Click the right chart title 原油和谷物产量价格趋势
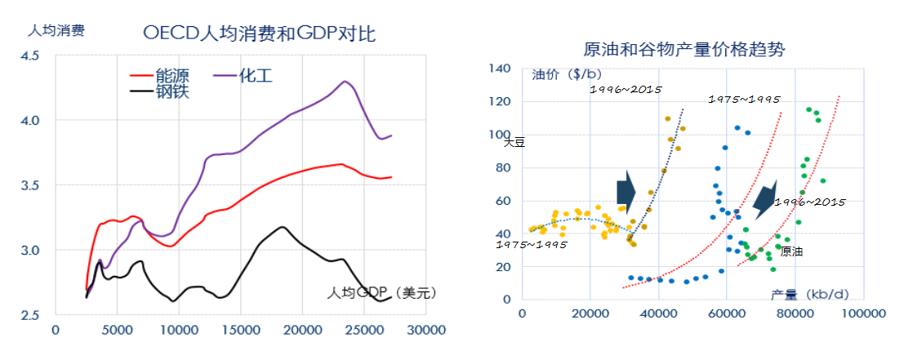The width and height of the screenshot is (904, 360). (x=684, y=50)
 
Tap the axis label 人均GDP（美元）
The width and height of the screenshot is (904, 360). (x=382, y=292)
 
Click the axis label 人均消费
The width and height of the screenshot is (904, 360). (x=56, y=31)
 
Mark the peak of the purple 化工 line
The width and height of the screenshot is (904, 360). (x=345, y=81)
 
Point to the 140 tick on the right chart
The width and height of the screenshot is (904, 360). (x=501, y=69)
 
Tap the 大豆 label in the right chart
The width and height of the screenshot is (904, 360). (x=513, y=141)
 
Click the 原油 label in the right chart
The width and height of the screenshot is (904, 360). (x=791, y=251)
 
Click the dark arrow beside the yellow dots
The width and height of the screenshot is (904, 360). (x=626, y=190)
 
